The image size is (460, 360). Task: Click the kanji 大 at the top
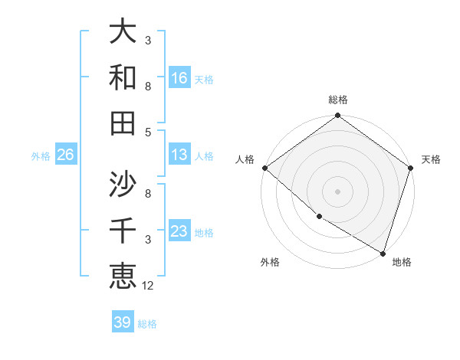(123, 33)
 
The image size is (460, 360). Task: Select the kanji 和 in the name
(123, 78)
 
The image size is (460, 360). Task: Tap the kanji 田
(123, 123)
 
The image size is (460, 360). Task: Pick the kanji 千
(123, 230)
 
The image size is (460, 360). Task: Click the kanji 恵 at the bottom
(123, 276)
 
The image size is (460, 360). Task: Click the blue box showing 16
(179, 77)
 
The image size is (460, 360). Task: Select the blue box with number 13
(179, 155)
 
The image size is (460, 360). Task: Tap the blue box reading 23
(179, 231)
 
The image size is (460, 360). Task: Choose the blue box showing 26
(65, 155)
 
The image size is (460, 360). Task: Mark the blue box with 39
(122, 322)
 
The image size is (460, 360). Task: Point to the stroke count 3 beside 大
(148, 39)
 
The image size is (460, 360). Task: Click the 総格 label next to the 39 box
(147, 324)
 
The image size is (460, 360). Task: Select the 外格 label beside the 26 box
(41, 156)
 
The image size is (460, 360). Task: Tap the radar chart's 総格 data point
(337, 116)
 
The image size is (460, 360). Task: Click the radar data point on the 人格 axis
(264, 168)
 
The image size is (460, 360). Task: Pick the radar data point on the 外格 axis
(319, 217)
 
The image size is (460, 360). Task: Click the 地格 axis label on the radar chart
(402, 262)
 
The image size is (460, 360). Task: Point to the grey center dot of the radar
(337, 191)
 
